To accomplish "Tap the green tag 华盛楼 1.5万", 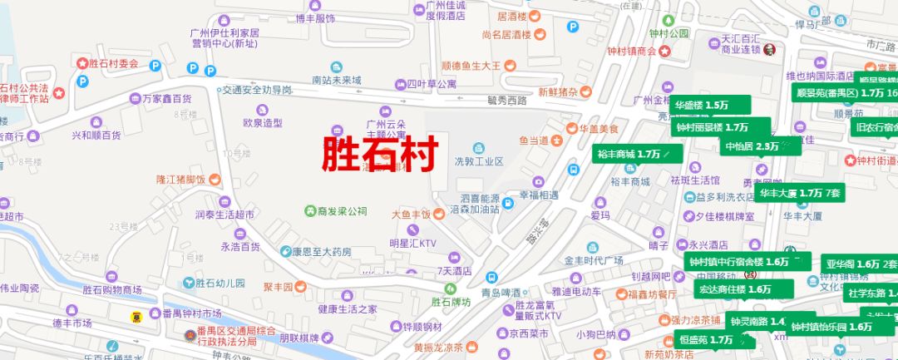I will [x=701, y=106].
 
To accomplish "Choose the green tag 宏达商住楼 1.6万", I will [x=736, y=289].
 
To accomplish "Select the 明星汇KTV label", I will [x=413, y=244].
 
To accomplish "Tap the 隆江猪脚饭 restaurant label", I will [x=181, y=179].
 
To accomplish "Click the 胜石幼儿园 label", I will [x=220, y=283].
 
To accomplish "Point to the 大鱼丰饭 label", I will [x=412, y=214].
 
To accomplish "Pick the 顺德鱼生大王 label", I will [x=471, y=65].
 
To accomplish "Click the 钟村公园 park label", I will [x=669, y=34].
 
